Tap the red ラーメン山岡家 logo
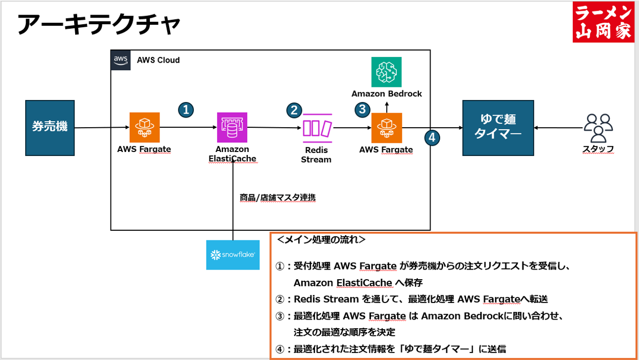[604, 22]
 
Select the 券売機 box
[50, 127]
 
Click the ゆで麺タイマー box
[498, 128]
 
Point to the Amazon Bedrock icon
[387, 72]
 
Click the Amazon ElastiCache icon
[232, 127]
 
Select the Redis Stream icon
[317, 128]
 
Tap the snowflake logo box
[233, 255]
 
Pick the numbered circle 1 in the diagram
[186, 110]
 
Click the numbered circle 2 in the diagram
[294, 110]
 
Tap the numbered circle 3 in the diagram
[362, 109]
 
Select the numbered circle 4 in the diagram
[432, 138]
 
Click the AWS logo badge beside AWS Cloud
[121, 60]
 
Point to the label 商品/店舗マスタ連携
[278, 198]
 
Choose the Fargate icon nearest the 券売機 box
[144, 127]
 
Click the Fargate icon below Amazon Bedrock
[387, 128]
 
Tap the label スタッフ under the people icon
[598, 149]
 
